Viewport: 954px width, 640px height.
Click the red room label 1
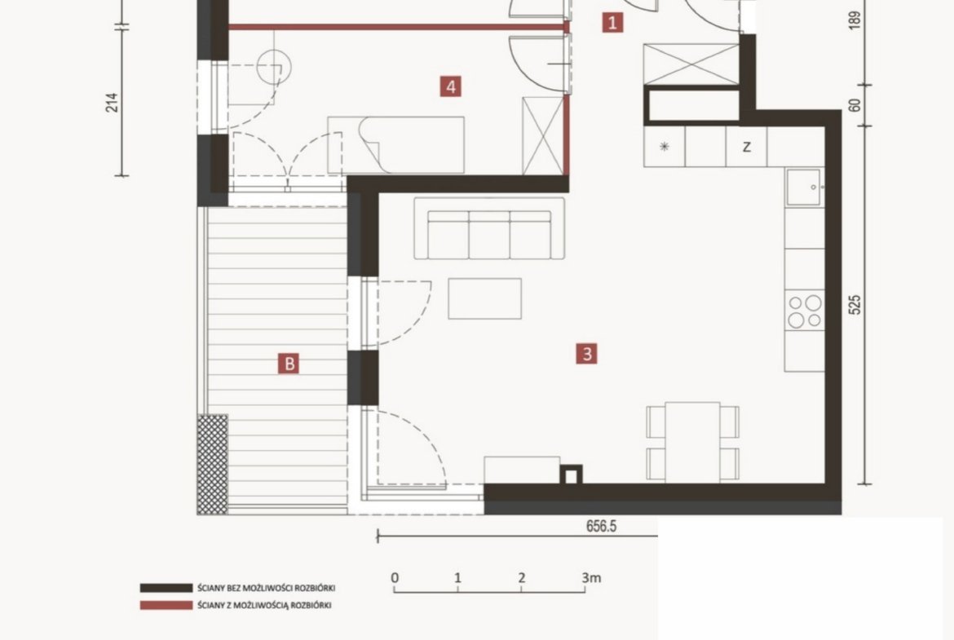click(612, 23)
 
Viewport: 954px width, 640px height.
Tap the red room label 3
click(587, 354)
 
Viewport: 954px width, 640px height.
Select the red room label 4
click(451, 86)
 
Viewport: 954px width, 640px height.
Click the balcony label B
click(289, 364)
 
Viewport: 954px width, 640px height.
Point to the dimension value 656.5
click(601, 526)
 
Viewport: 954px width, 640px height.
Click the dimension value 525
click(855, 305)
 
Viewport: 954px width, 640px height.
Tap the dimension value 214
click(112, 102)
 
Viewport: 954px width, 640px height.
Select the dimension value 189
click(855, 20)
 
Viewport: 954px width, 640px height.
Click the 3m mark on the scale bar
click(591, 577)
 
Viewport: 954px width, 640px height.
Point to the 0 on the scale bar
click(395, 577)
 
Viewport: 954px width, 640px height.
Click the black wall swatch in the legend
click(166, 589)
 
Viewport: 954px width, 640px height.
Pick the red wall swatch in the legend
click(166, 605)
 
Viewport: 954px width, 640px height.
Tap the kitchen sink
click(804, 188)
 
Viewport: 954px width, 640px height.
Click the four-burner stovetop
click(804, 311)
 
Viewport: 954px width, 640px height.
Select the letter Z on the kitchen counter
click(747, 147)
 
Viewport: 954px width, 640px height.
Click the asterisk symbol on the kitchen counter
click(665, 146)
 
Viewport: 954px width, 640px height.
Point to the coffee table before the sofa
click(485, 298)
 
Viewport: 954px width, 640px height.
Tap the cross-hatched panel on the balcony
click(212, 464)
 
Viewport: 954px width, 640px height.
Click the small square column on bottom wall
click(571, 474)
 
